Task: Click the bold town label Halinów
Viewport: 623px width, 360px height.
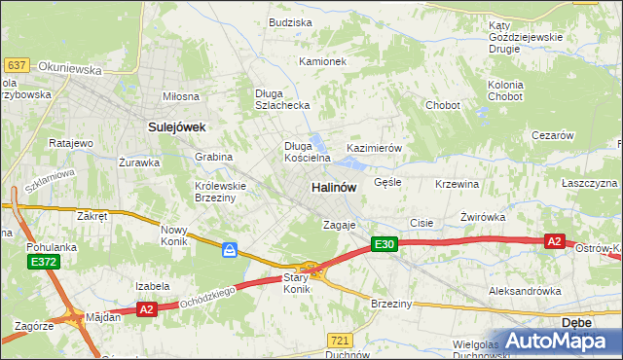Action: (334, 186)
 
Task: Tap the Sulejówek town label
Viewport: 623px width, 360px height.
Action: (175, 126)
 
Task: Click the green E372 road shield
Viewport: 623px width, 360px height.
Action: (43, 262)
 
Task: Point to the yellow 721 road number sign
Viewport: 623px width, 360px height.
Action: (340, 340)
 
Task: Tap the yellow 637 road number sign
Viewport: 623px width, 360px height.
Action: (16, 64)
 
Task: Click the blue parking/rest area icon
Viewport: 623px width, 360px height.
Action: (230, 251)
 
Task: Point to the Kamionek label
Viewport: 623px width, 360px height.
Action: (323, 61)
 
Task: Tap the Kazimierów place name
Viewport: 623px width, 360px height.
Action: (375, 148)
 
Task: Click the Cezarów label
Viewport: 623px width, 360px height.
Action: (552, 136)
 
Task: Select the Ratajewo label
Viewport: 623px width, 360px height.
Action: (70, 143)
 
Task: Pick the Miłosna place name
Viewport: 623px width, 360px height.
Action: (181, 96)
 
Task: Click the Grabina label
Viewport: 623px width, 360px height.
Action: (213, 157)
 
